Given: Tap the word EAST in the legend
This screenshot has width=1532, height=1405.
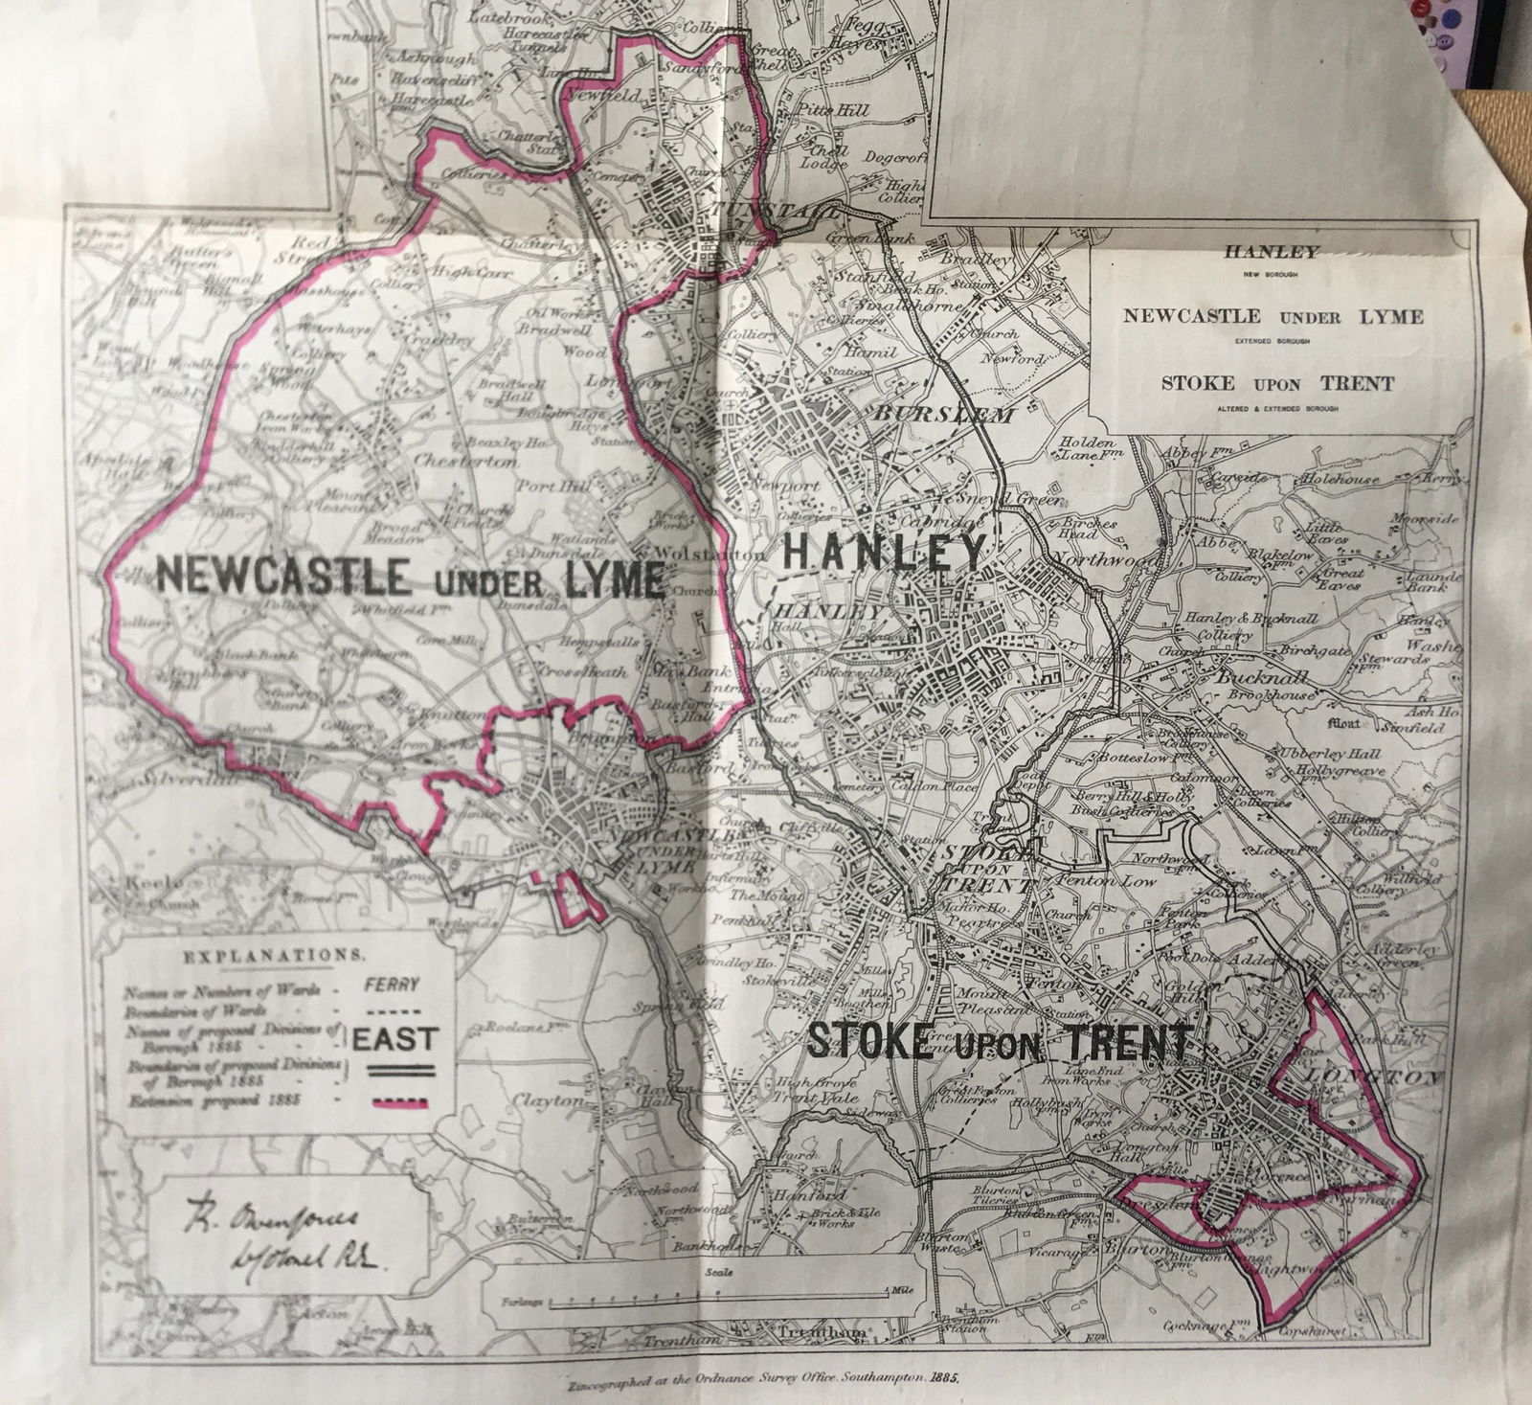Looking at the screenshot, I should click(x=394, y=1038).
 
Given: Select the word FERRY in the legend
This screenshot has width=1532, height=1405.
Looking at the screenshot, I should click(x=394, y=984).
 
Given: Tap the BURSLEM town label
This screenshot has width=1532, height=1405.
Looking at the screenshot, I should click(x=942, y=417).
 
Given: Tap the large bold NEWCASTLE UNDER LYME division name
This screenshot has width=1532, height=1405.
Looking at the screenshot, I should click(x=409, y=578).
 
